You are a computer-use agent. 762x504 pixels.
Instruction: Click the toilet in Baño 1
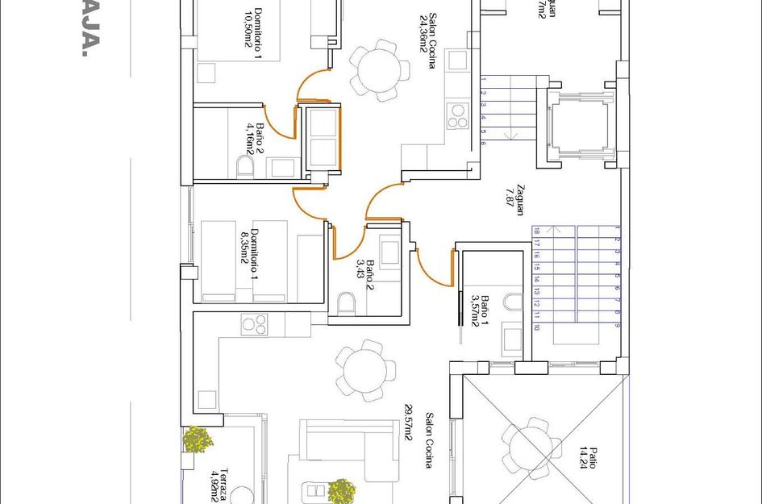coord(513,302)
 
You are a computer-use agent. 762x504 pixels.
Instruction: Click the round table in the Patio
coord(532,443)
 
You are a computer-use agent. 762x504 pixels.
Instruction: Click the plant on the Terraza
coord(197,439)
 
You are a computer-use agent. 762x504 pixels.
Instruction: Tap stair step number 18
coord(536,231)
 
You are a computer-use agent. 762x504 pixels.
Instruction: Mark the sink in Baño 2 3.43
coord(391,252)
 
